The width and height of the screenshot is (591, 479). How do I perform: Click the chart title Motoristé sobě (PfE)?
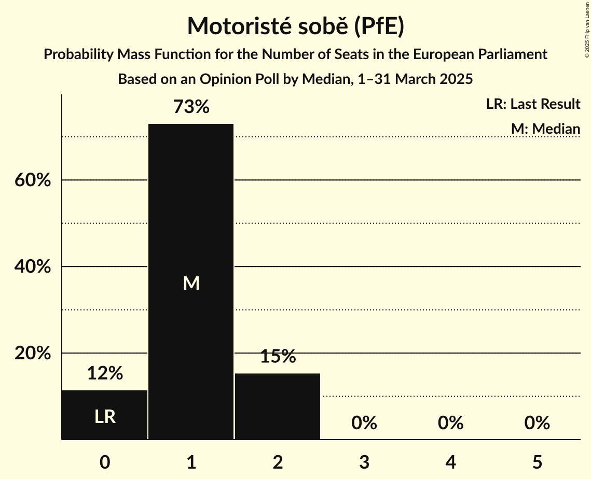click(295, 26)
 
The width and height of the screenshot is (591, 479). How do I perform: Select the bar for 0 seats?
click(105, 415)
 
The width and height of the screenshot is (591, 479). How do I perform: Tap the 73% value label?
click(191, 107)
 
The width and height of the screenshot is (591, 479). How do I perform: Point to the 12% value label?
click(105, 373)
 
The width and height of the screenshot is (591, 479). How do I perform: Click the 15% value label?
click(278, 357)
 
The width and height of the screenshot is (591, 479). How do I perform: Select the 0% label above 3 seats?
click(364, 423)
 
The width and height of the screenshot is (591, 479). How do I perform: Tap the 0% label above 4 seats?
click(450, 423)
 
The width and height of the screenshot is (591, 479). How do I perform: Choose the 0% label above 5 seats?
click(537, 423)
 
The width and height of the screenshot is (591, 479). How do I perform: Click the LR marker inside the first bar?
click(105, 416)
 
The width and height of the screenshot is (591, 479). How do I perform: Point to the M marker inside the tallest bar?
click(191, 283)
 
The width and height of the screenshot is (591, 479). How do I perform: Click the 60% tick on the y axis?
click(32, 180)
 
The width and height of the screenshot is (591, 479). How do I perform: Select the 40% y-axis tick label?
click(32, 267)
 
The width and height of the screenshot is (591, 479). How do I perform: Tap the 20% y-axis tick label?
click(32, 354)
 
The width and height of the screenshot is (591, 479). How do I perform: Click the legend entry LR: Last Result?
click(533, 104)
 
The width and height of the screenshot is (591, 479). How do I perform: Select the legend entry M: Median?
click(545, 129)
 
